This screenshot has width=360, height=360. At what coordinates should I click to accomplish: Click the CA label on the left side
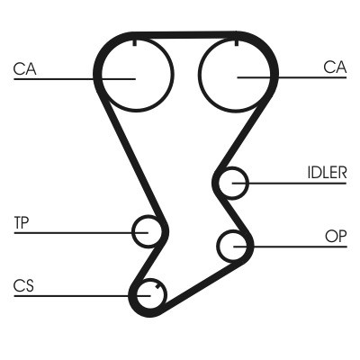pyautogui.click(x=24, y=67)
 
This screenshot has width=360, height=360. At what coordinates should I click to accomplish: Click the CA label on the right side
pyautogui.click(x=335, y=67)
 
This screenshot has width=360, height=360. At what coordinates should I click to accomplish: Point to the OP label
pyautogui.click(x=335, y=236)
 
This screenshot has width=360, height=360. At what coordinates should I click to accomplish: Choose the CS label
pyautogui.click(x=23, y=286)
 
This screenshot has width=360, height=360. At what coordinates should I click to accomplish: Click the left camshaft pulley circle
pyautogui.click(x=133, y=74)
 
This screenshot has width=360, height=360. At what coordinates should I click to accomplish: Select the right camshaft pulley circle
pyautogui.click(x=238, y=74)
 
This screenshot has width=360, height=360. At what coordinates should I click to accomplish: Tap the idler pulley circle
pyautogui.click(x=233, y=183)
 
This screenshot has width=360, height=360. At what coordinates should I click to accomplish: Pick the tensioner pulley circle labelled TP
pyautogui.click(x=146, y=231)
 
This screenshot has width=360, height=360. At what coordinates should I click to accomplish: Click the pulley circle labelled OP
pyautogui.click(x=232, y=244)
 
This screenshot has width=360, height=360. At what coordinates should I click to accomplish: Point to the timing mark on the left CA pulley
pyautogui.click(x=134, y=41)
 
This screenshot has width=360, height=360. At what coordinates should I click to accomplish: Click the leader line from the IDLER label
pyautogui.click(x=288, y=184)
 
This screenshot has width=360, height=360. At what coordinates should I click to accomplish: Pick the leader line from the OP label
pyautogui.click(x=288, y=245)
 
